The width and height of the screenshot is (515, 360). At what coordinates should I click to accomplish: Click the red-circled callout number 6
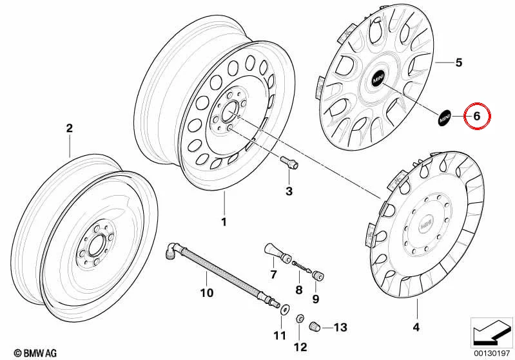click(x=476, y=116)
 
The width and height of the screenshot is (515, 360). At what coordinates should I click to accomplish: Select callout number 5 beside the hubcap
click(x=458, y=62)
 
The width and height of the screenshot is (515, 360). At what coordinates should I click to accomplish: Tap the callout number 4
click(x=416, y=327)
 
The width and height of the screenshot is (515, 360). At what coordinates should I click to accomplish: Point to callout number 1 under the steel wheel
click(x=224, y=222)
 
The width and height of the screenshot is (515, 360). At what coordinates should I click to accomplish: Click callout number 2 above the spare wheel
click(x=70, y=128)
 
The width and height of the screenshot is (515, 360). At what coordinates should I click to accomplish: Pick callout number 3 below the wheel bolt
click(x=289, y=191)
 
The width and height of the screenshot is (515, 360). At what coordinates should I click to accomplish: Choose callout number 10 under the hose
click(x=207, y=293)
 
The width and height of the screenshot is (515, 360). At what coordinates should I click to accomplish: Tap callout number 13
click(x=340, y=327)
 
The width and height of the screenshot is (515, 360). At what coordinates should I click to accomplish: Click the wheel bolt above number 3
click(x=289, y=162)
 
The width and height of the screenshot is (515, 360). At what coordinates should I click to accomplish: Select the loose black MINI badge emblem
click(x=444, y=118)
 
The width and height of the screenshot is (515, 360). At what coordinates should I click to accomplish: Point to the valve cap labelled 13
click(x=315, y=327)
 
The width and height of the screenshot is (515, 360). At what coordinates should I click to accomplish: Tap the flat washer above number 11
click(x=284, y=309)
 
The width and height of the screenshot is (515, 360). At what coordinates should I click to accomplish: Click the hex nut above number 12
click(x=300, y=319)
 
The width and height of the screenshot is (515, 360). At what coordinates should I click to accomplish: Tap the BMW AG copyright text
click(x=35, y=353)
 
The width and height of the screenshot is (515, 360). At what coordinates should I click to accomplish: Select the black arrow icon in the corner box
click(x=492, y=332)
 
